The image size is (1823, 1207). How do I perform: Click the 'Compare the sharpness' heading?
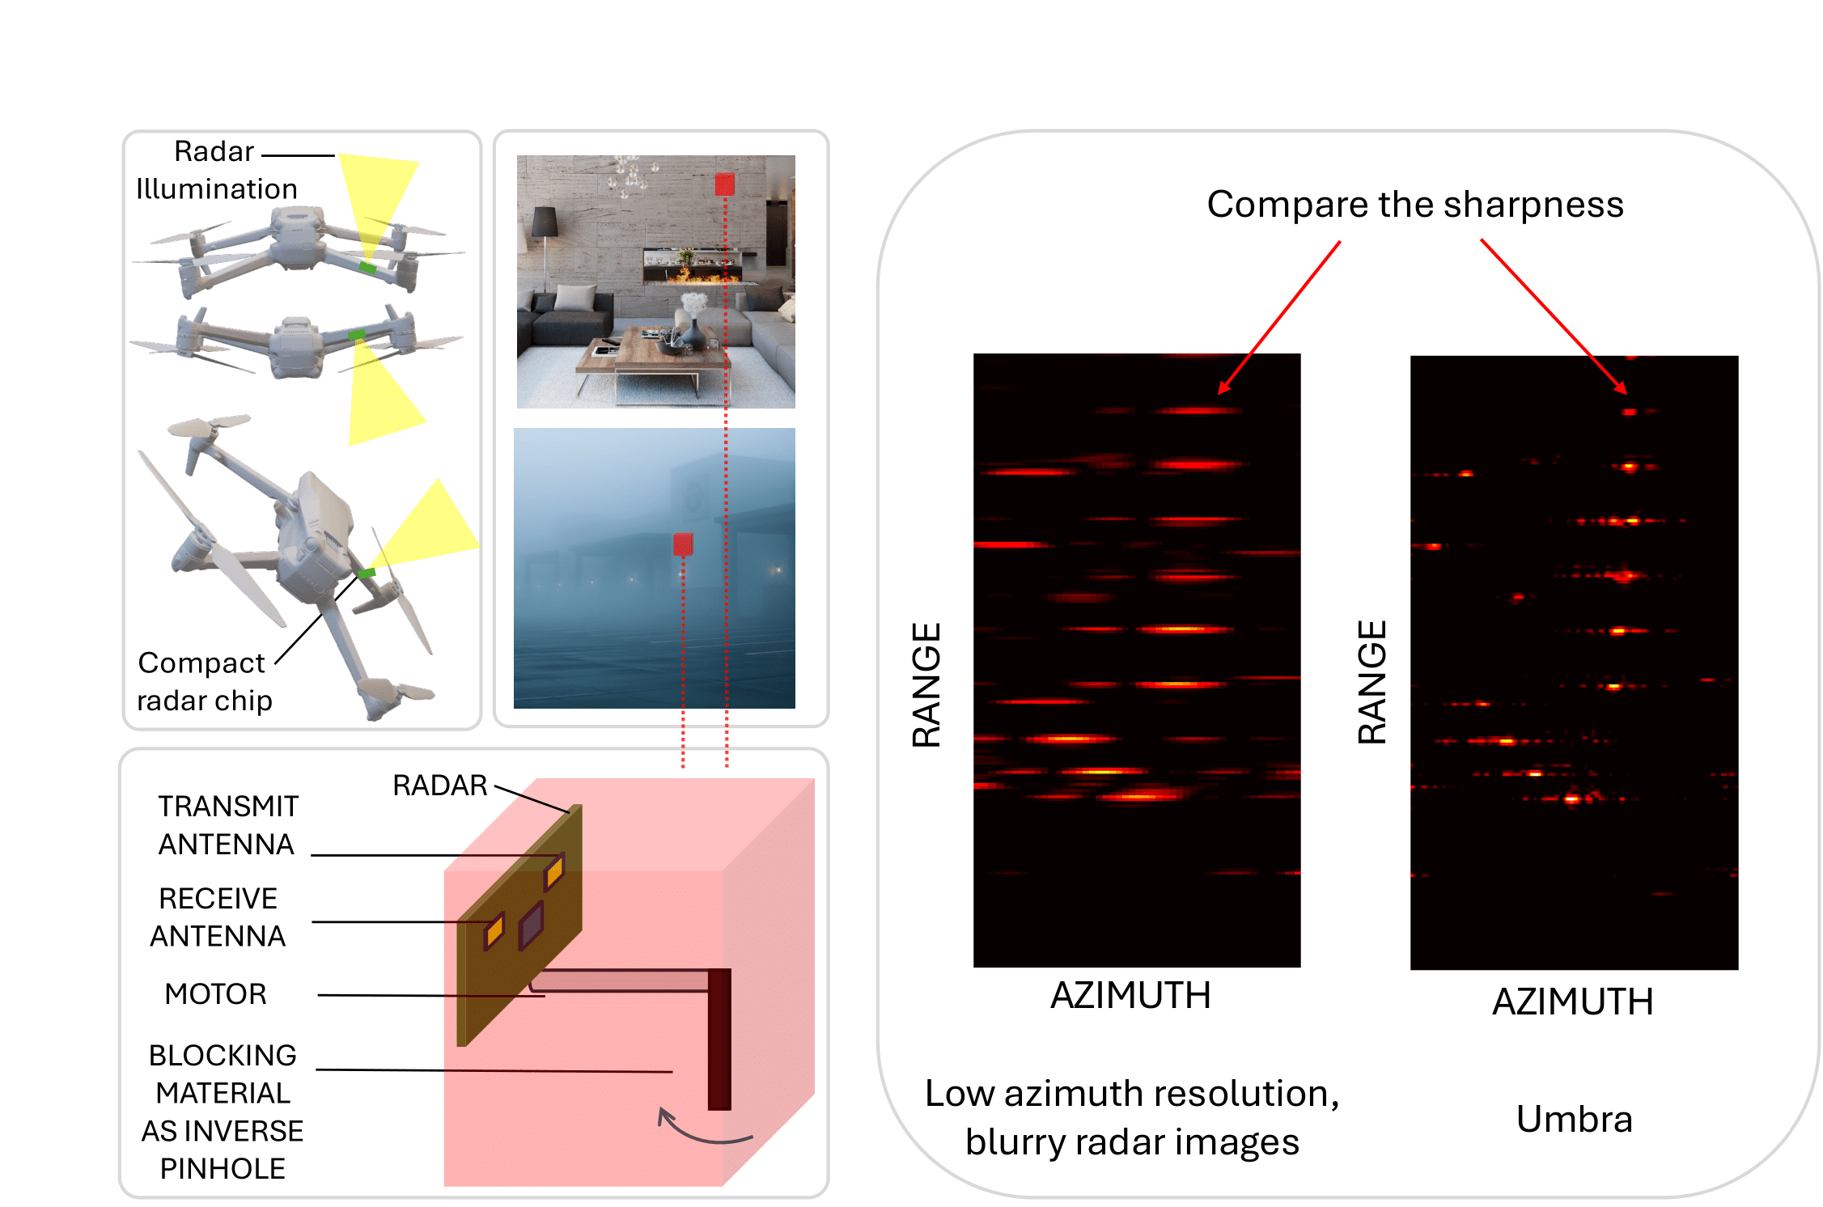click(x=1414, y=204)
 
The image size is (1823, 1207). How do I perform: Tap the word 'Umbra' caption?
click(x=1574, y=1119)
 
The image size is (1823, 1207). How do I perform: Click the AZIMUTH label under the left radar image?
click(x=1130, y=995)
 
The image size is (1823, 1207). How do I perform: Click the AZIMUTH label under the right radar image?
click(x=1572, y=1002)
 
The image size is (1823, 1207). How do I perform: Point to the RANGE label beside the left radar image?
click(x=926, y=684)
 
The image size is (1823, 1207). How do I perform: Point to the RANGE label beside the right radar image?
click(x=1371, y=682)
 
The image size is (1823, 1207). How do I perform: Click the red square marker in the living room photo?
click(x=724, y=184)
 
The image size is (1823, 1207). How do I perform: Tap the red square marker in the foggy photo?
click(x=683, y=544)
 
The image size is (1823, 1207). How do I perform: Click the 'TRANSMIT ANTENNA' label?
click(x=227, y=825)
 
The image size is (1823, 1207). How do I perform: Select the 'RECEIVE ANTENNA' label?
click(x=218, y=917)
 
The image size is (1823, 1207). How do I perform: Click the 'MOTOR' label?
click(x=215, y=993)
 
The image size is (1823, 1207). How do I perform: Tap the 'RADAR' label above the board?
click(x=439, y=785)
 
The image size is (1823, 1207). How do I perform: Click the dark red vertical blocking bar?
click(x=719, y=1039)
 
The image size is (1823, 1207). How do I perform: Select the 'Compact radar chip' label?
click(x=203, y=681)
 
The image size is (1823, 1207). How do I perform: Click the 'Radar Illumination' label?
click(x=215, y=170)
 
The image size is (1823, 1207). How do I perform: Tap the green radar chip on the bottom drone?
click(x=367, y=573)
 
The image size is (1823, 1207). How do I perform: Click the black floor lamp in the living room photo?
click(x=544, y=235)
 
